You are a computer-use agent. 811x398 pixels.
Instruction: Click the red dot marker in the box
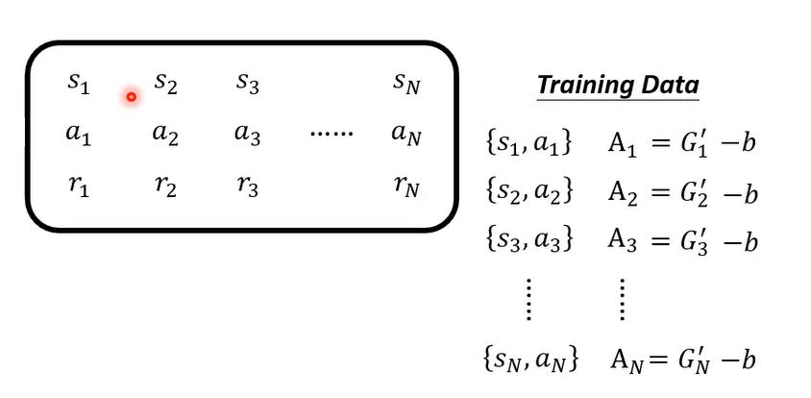(131, 96)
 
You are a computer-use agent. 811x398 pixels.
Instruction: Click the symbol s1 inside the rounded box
(78, 84)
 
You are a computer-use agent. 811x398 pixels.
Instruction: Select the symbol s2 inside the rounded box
(165, 85)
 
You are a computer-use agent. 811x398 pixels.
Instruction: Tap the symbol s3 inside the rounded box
(247, 84)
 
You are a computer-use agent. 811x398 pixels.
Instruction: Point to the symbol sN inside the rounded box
(406, 84)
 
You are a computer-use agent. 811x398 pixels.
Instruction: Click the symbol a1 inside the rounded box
(78, 135)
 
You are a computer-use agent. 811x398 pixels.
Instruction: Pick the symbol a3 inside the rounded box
(247, 135)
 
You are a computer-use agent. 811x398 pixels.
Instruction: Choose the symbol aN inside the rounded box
(406, 135)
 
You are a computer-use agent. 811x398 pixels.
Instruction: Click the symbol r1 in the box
(78, 186)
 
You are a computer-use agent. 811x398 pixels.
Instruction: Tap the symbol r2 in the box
(165, 186)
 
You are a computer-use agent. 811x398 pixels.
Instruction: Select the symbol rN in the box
(406, 186)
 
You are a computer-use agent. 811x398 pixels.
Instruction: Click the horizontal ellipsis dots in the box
(332, 134)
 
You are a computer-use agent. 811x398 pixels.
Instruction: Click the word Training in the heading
(586, 86)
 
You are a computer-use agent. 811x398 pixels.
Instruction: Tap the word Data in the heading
(671, 86)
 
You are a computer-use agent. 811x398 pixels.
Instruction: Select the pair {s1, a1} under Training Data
(529, 143)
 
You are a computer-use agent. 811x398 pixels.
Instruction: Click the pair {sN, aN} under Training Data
(530, 360)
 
